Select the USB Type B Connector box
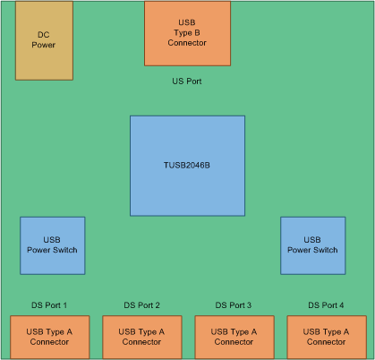[187, 33]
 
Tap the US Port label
[187, 81]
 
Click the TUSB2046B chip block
[187, 165]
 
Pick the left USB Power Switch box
[53, 245]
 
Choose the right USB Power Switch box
[312, 245]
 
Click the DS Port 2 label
[141, 304]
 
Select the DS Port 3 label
[234, 304]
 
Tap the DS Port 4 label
[326, 304]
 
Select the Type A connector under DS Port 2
[141, 337]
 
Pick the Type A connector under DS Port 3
[234, 337]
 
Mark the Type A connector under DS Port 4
[326, 337]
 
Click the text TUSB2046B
[187, 165]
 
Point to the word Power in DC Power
[44, 44]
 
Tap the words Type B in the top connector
[187, 32]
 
